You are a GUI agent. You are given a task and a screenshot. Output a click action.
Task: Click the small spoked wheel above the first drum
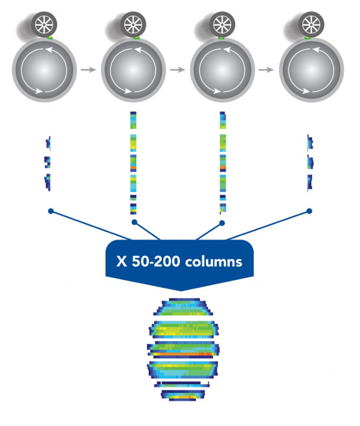coord(44,25)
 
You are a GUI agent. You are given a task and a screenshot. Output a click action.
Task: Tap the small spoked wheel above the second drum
coord(133,25)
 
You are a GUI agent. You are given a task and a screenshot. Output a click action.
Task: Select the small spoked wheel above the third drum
coord(222,25)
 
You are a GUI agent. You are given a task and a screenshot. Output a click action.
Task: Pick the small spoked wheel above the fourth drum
coord(312,25)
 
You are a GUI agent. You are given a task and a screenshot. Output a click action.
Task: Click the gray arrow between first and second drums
coord(88,70)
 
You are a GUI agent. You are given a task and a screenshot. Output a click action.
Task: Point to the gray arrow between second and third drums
coord(177,70)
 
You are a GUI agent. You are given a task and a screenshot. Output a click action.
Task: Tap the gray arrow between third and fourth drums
coord(266,70)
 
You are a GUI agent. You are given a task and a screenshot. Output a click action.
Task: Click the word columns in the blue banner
coord(213,262)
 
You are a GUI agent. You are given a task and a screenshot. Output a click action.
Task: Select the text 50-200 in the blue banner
coord(156,261)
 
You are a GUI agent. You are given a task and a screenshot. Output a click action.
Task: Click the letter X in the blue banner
coord(122,261)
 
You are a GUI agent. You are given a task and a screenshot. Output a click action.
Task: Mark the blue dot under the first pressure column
coord(50,211)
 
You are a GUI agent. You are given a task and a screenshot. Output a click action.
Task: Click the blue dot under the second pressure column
coord(134,222)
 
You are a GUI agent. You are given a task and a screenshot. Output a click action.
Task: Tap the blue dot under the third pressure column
coord(222,223)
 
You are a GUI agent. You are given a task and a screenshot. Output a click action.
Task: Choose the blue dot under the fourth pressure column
coord(309,211)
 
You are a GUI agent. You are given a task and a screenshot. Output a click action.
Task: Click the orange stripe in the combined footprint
coord(183,354)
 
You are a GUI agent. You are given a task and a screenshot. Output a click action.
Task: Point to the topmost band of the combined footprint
coord(183,307)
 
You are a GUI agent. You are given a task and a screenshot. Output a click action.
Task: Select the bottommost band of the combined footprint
coord(183,395)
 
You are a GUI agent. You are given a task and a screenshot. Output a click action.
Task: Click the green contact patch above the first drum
coord(49,38)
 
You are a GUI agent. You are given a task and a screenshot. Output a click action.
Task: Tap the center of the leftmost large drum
coord(44,70)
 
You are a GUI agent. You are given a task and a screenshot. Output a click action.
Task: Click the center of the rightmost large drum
coord(312,70)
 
